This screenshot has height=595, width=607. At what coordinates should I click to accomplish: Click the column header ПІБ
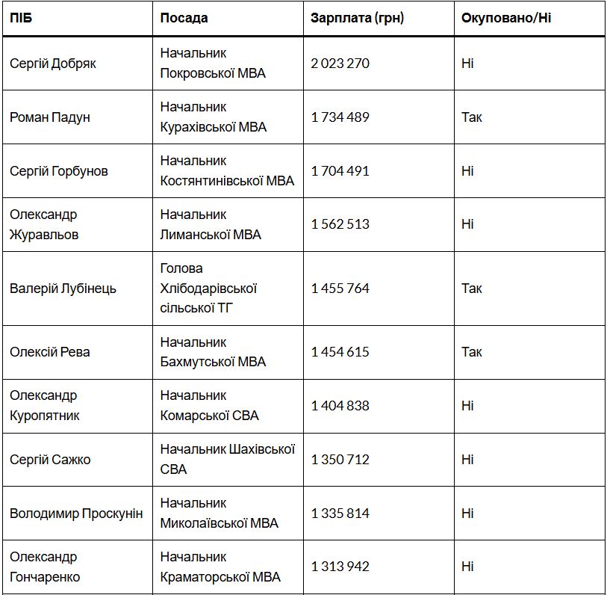click(21, 18)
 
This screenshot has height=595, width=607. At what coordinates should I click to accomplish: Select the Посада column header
click(184, 18)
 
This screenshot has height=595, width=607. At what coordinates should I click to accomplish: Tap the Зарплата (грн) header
click(357, 18)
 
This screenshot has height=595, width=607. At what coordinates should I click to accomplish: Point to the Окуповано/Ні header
click(506, 18)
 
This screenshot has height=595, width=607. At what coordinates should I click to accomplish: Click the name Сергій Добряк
click(53, 64)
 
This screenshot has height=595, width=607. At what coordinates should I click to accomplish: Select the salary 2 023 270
click(340, 64)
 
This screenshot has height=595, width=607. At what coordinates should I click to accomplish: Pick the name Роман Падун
click(50, 117)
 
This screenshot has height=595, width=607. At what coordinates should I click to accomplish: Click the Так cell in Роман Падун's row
click(471, 117)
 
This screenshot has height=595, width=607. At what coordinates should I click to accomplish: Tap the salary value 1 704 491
click(340, 171)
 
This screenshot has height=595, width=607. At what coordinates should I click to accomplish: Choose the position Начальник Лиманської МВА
click(211, 224)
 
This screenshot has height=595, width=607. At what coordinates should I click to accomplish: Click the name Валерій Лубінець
click(63, 289)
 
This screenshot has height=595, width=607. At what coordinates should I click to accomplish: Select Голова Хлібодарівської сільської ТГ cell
click(208, 288)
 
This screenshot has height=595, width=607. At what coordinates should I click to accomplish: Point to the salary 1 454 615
click(340, 352)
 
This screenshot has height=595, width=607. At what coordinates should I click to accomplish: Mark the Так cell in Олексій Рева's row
click(471, 352)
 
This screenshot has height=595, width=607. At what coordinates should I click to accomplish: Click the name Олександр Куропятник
click(45, 405)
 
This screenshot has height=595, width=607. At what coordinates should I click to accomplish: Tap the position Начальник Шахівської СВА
click(227, 459)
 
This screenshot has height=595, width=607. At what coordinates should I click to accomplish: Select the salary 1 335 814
click(340, 514)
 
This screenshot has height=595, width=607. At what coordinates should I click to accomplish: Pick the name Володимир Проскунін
click(76, 514)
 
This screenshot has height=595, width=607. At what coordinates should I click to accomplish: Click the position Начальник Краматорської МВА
click(220, 567)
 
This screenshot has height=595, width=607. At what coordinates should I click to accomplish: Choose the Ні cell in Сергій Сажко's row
click(467, 460)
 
